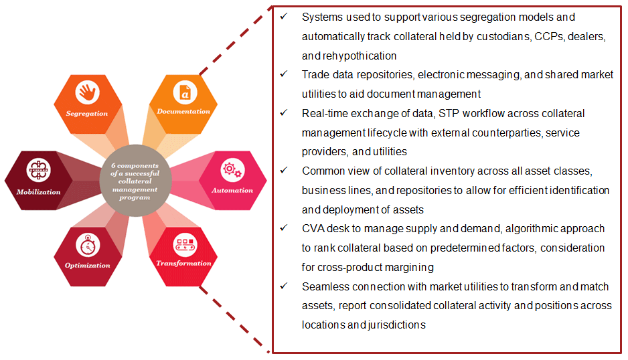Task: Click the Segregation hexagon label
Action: coord(87,114)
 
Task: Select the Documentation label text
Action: coord(183,112)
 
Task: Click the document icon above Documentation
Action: coord(183,91)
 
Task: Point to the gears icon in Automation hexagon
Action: coord(232,170)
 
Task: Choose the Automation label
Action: coord(232,191)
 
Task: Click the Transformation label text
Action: coord(184,263)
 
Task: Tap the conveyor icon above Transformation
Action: coord(184,243)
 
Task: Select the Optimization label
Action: coord(88,265)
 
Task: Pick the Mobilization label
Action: coord(38,192)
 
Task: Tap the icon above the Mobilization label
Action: coord(38,171)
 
